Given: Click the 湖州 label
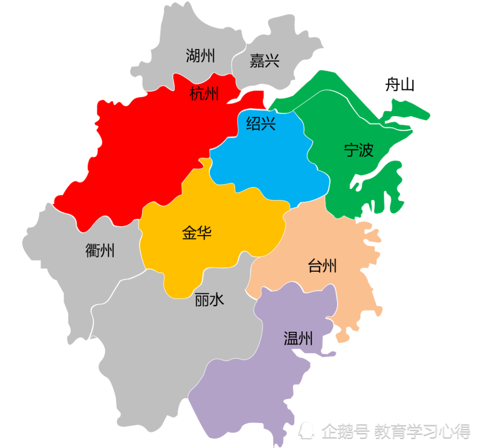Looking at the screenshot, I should (201, 56).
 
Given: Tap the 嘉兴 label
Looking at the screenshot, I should (265, 61).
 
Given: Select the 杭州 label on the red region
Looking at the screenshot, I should (204, 93).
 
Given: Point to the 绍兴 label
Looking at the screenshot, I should (261, 124).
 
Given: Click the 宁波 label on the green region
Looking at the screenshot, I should (358, 150).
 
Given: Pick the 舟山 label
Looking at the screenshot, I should (400, 85).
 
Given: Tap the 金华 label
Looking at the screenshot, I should (197, 233).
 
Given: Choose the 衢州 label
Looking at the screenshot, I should (100, 250).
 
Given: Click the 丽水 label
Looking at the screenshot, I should (209, 301).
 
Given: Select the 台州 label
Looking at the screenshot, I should (322, 266).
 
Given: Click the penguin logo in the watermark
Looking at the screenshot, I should (306, 430).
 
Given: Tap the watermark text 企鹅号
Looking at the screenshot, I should (345, 430).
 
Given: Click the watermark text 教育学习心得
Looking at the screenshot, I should (422, 430).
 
